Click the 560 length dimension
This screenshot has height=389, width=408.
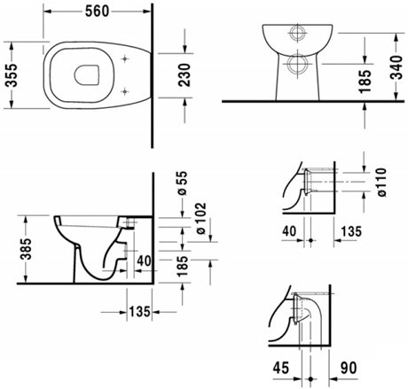97,12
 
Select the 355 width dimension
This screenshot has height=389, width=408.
12,75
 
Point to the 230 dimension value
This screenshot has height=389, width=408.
185,75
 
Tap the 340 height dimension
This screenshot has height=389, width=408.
397,67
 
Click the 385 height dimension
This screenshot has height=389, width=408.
26,249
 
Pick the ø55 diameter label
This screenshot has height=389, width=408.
183,183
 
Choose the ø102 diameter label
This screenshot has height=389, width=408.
200,218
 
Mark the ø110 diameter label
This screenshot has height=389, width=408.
381,183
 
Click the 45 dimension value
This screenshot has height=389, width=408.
280,368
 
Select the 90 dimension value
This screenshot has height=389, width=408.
349,368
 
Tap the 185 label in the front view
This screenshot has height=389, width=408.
365,82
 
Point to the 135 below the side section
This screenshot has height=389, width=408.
139,312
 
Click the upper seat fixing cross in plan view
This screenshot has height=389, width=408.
125,59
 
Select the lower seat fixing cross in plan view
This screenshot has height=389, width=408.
125,91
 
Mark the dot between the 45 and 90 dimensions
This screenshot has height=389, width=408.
310,378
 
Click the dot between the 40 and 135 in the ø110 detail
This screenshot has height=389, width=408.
310,240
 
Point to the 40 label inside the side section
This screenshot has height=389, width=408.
144,261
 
